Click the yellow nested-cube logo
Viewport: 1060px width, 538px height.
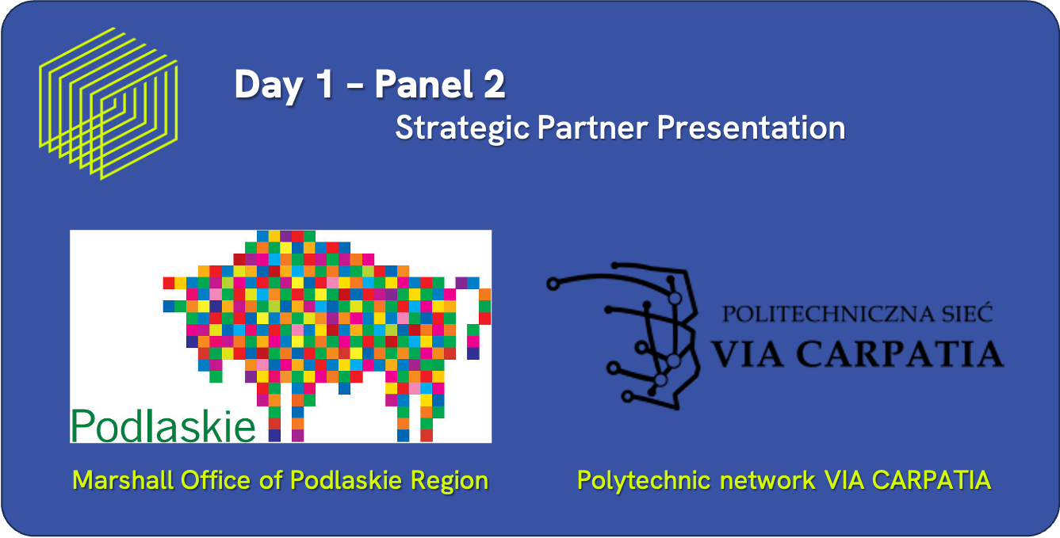[109, 104]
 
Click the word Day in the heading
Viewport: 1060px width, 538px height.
[268, 85]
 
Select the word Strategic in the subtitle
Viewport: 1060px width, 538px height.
[462, 128]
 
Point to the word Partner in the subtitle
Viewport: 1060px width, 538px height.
[593, 128]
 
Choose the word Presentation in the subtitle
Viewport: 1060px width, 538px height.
[751, 128]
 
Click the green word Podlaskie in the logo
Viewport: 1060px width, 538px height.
[163, 426]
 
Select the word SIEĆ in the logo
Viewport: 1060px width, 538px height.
[966, 312]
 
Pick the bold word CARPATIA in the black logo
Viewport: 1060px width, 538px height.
[900, 353]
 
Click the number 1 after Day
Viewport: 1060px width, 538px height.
[326, 84]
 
